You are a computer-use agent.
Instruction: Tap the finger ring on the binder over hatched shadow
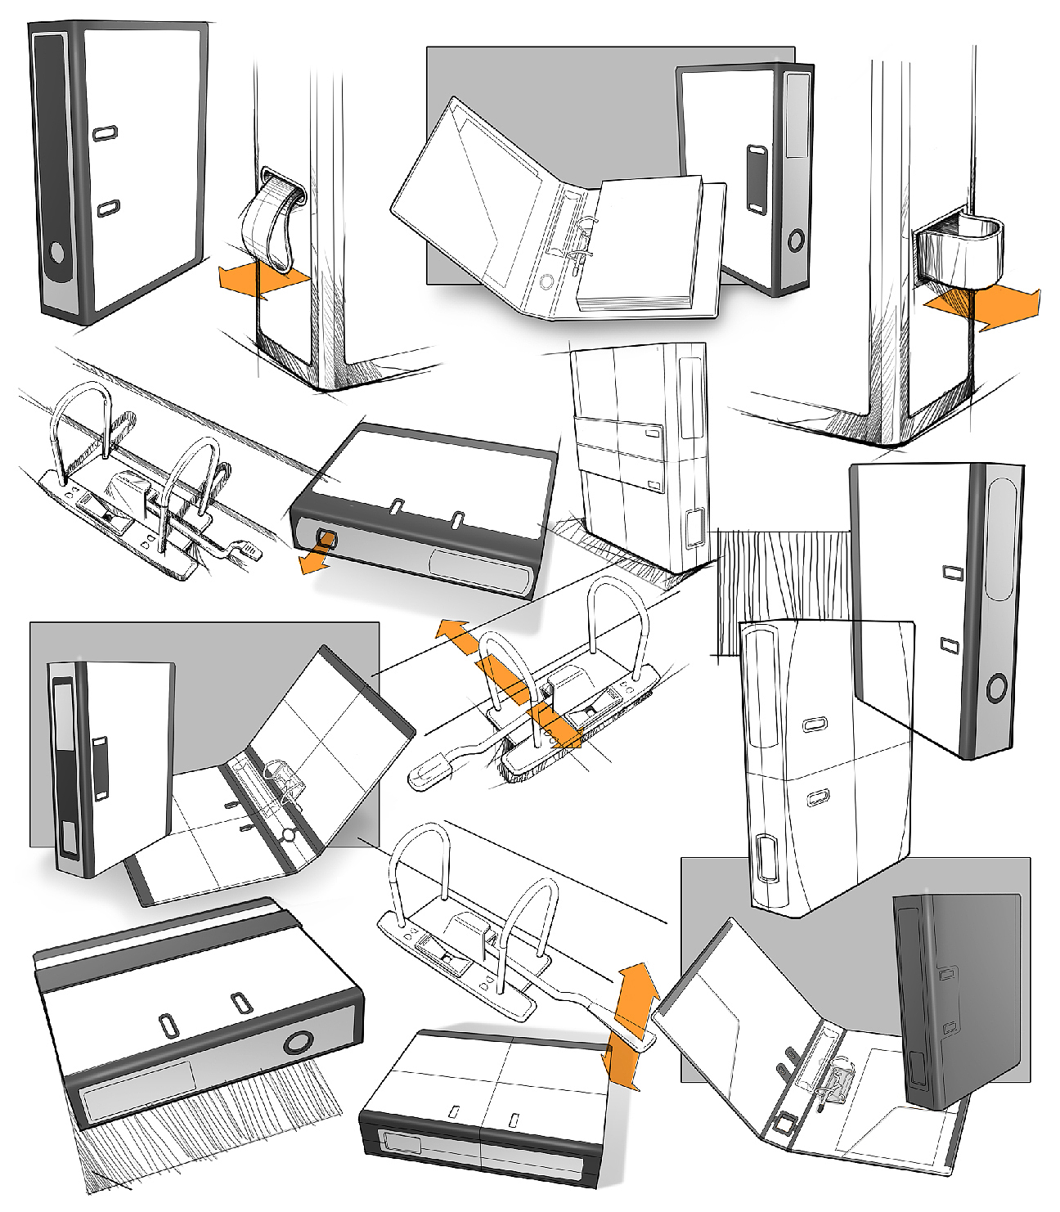[298, 1044]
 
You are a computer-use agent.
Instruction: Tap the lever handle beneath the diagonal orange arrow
[446, 765]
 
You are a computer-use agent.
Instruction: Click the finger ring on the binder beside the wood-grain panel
[996, 689]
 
